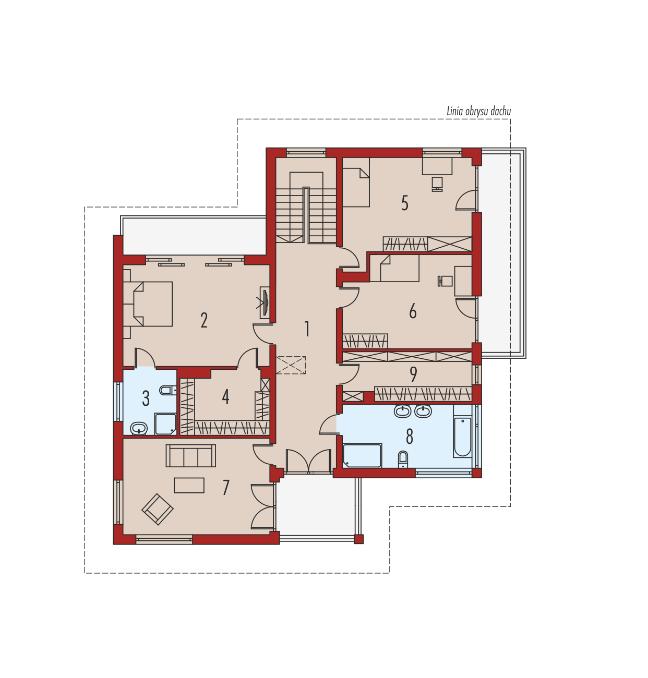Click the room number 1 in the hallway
[x=307, y=329]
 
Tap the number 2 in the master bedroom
[x=205, y=320]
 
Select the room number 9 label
[x=413, y=374]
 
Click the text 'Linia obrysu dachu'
[x=478, y=112]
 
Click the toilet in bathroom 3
[x=168, y=390]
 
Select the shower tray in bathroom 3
[x=165, y=424]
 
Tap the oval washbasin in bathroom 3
[x=139, y=428]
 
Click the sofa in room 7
[x=190, y=455]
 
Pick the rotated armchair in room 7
[x=158, y=508]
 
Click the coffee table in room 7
[x=189, y=486]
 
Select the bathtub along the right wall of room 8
[x=463, y=431]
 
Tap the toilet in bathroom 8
[x=403, y=459]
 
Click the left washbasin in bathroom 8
[x=403, y=411]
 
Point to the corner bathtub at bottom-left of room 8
[x=362, y=455]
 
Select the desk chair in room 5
[x=437, y=184]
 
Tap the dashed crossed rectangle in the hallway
[x=291, y=365]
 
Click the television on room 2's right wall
[x=265, y=303]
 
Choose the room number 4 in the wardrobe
[x=225, y=396]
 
